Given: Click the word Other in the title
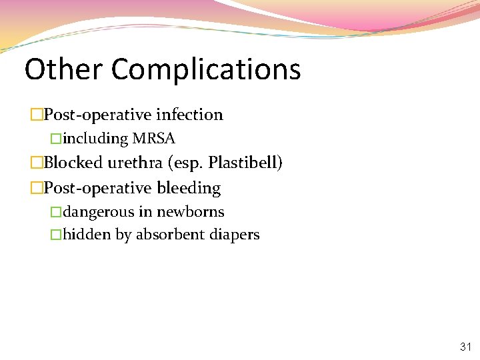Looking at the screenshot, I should click(63, 69).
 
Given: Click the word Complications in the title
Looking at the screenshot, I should click(206, 70).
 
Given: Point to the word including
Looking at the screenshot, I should click(95, 139).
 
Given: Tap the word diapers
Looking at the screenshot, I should click(234, 235).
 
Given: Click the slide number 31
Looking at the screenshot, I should click(465, 347).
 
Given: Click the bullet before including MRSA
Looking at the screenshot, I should click(56, 139).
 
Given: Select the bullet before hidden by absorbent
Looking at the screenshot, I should click(56, 235).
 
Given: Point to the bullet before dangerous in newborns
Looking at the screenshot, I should click(56, 212).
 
